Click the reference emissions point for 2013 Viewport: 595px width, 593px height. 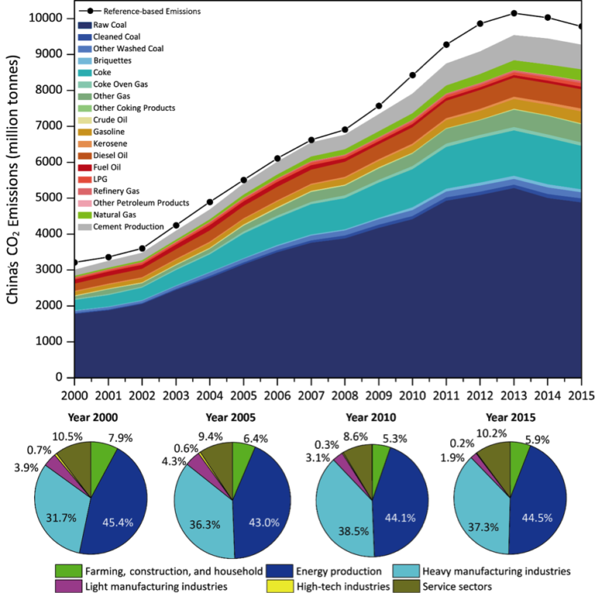(514, 13)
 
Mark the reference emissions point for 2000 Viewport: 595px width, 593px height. (74, 262)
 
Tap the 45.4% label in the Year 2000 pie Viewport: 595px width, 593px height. (119, 522)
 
